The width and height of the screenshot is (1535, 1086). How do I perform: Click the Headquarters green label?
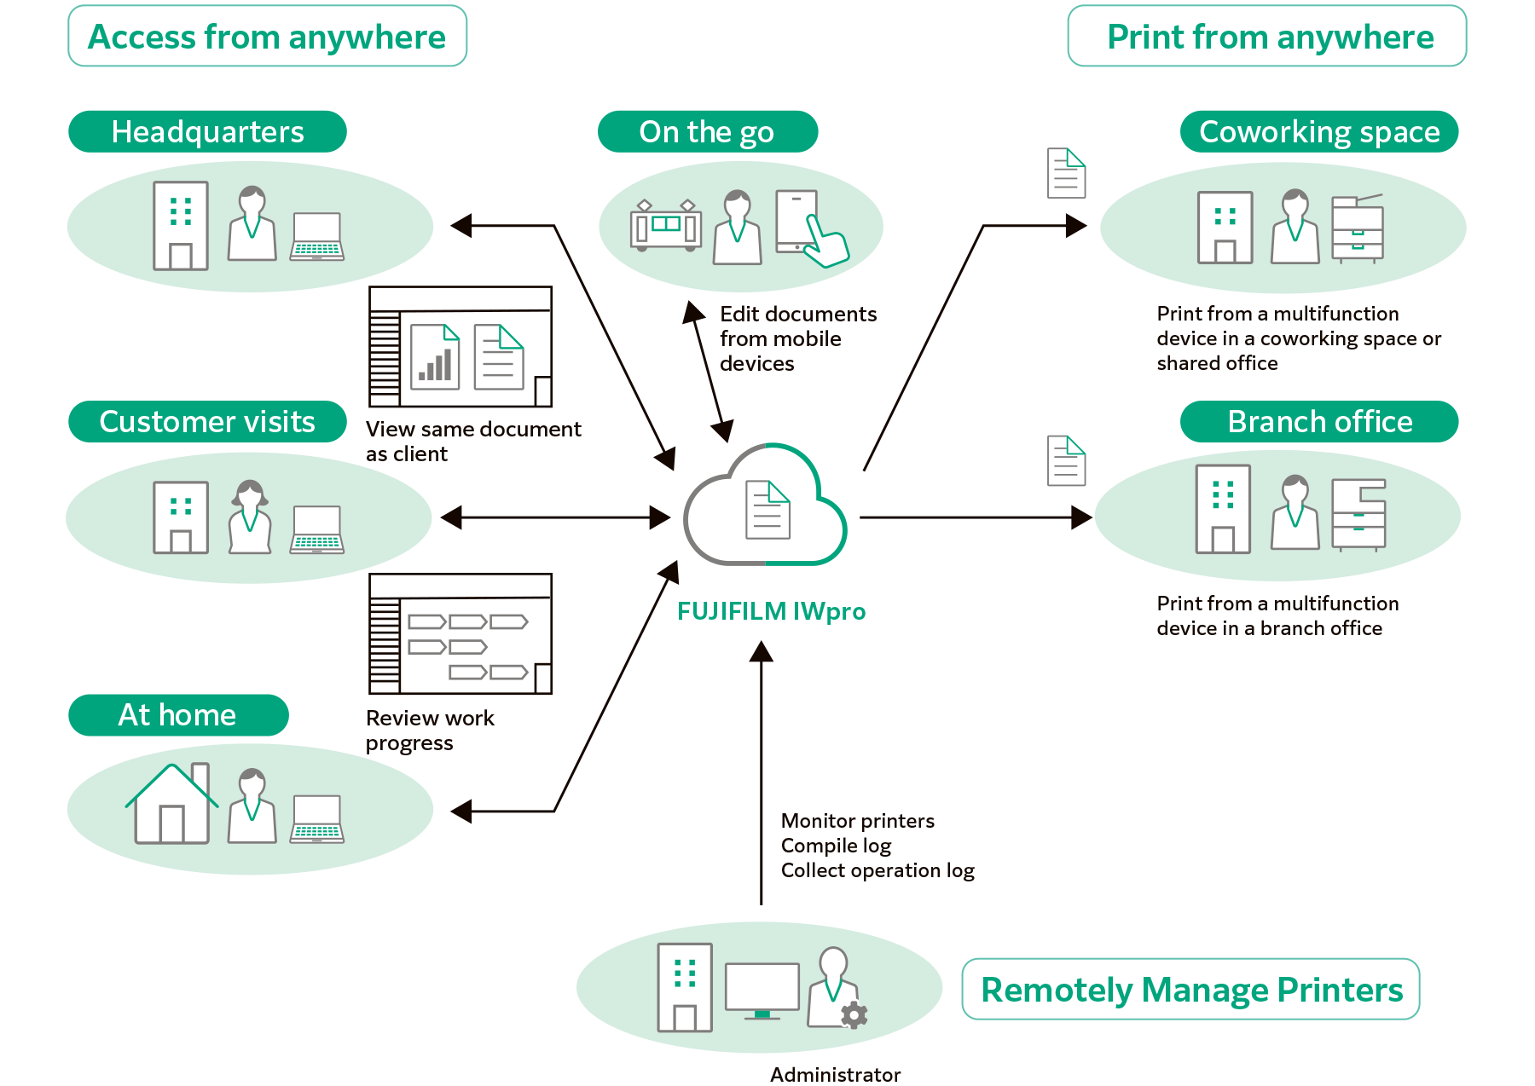[207, 132]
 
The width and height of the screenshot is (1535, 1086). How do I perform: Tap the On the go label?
[707, 132]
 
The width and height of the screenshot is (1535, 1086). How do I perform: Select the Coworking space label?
[1318, 132]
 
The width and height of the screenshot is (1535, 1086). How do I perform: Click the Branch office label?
[1318, 422]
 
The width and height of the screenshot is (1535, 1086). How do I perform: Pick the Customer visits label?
[207, 422]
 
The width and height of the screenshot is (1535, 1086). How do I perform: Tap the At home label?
[177, 715]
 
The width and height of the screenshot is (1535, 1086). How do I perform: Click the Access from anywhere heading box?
[267, 37]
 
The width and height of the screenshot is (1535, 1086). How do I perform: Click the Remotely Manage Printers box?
[1190, 990]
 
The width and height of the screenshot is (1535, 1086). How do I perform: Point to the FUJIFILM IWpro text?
[771, 611]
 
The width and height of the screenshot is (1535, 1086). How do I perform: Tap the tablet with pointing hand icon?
[808, 227]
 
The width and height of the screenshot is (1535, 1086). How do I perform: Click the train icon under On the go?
[665, 226]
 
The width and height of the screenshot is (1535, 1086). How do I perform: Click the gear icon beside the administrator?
[854, 1015]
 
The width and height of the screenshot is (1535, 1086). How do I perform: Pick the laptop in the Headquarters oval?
[316, 237]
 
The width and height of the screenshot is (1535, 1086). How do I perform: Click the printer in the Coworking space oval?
[1358, 228]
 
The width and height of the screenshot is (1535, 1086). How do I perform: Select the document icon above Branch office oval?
[1066, 460]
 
